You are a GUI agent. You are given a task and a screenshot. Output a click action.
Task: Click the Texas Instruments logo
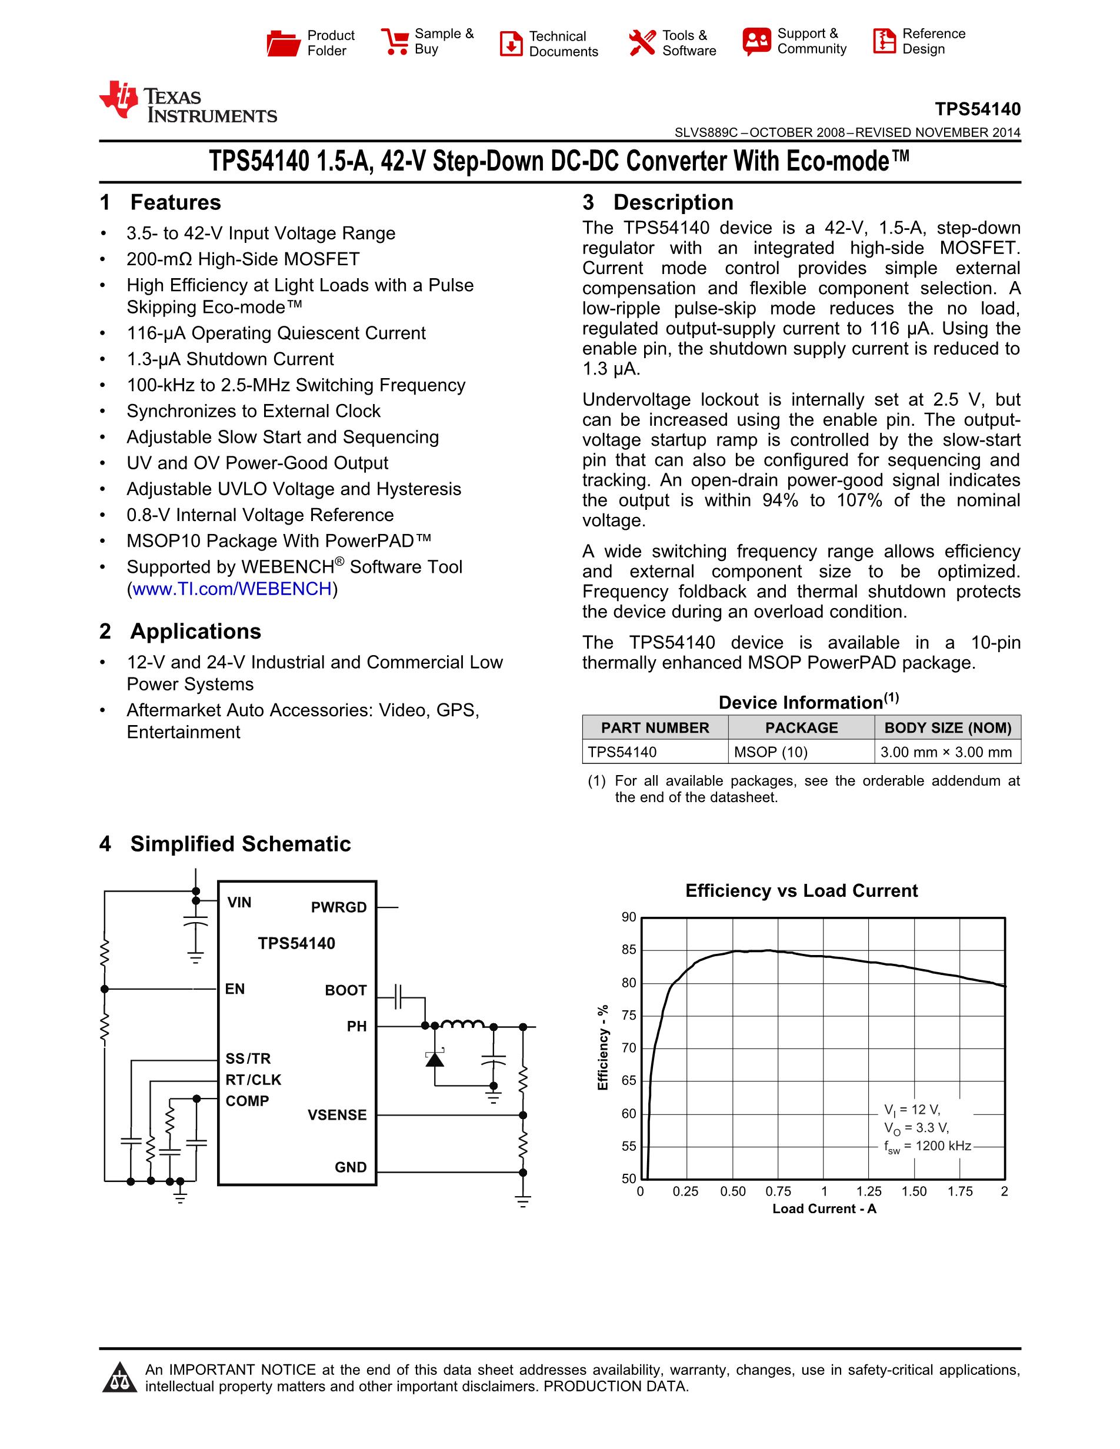click(188, 103)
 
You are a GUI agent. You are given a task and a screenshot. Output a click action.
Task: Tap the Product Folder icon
click(284, 43)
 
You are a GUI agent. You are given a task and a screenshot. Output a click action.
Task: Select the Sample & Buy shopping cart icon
click(395, 42)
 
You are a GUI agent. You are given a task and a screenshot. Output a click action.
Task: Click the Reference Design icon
click(884, 41)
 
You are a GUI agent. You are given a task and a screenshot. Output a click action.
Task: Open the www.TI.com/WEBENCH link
click(232, 589)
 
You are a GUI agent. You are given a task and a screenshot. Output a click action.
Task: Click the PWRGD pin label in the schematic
click(338, 907)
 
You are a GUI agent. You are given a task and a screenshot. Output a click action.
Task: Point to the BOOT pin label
click(346, 990)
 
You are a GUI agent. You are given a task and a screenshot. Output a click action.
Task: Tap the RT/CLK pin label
click(254, 1080)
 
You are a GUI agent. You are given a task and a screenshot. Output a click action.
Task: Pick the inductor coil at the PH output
click(462, 1025)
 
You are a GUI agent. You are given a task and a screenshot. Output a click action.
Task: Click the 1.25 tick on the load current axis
click(869, 1191)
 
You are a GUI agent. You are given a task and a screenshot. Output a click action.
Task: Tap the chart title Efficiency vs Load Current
click(802, 890)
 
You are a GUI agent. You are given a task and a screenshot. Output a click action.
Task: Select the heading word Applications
click(196, 631)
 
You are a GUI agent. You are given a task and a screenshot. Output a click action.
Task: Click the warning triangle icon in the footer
click(119, 1377)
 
